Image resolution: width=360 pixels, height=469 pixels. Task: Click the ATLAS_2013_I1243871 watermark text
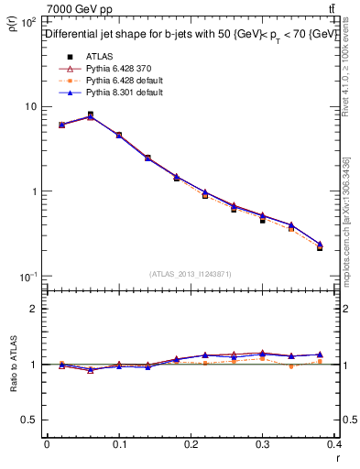click(x=190, y=274)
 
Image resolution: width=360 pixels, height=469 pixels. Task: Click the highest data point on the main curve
click(x=90, y=115)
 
